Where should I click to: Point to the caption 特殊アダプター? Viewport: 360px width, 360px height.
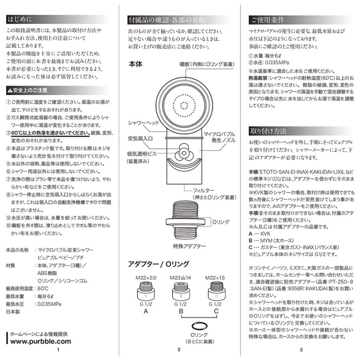point(189,246)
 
